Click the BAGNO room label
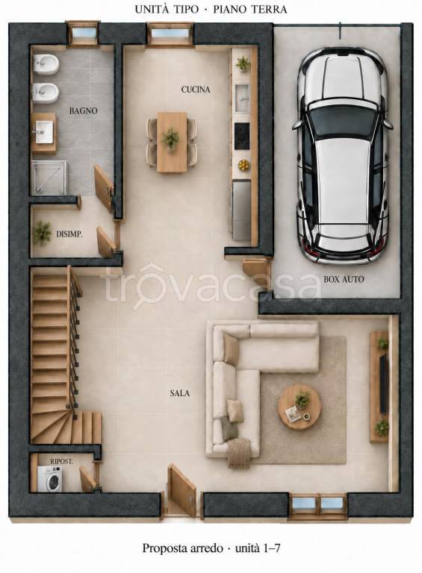tap(84, 110)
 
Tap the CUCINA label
tap(196, 90)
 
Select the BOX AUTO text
tap(344, 279)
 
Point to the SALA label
tap(179, 393)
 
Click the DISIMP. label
tap(69, 234)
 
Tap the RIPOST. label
tap(61, 462)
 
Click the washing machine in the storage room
tap(49, 479)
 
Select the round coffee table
tap(300, 407)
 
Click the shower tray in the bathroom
tap(49, 178)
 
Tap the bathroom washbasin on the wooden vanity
tap(44, 131)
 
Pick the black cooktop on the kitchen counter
tap(242, 136)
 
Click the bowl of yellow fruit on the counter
tap(243, 165)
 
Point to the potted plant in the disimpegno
tap(43, 233)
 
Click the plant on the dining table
tap(171, 139)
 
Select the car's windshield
tap(343, 120)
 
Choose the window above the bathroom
tap(84, 34)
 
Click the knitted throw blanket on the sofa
tap(239, 453)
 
